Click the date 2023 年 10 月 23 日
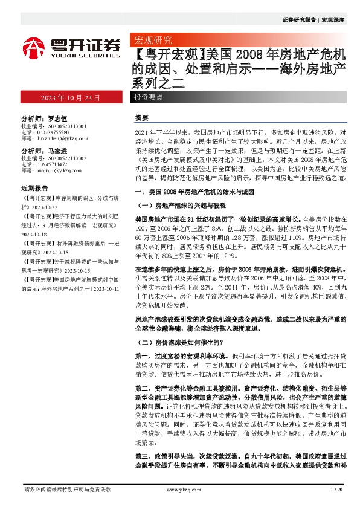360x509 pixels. (69, 97)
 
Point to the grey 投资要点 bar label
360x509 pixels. (149, 97)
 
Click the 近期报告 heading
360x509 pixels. (35, 187)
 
